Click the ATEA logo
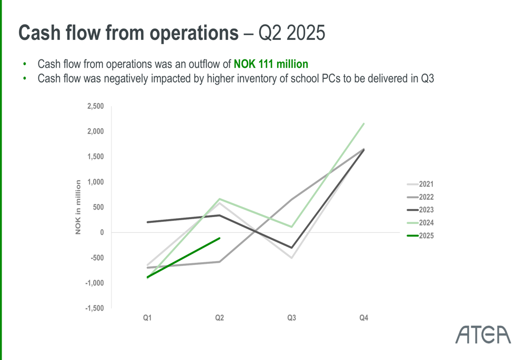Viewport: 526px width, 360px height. point(483,335)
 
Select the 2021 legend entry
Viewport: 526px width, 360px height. point(420,184)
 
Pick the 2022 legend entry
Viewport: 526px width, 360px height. point(420,198)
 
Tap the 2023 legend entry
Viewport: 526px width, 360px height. point(420,210)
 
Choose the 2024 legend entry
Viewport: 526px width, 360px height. point(420,223)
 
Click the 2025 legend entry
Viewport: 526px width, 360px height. point(420,236)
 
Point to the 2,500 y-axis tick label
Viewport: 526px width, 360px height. point(95,106)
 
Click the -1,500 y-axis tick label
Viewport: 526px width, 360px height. point(94,308)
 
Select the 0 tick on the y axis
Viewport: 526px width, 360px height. point(102,232)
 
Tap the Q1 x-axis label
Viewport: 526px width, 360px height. point(148,318)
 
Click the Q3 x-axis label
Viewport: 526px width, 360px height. point(291,318)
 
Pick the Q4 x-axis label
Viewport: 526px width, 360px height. point(363,318)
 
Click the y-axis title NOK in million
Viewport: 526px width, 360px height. point(78,207)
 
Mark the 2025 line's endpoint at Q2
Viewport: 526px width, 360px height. point(219,238)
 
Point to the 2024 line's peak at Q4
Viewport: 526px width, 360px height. point(363,124)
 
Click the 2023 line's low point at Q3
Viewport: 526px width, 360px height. point(291,248)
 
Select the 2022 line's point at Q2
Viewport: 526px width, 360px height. point(219,262)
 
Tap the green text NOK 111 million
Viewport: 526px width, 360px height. point(271,64)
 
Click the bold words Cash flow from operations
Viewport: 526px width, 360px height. point(128,33)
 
